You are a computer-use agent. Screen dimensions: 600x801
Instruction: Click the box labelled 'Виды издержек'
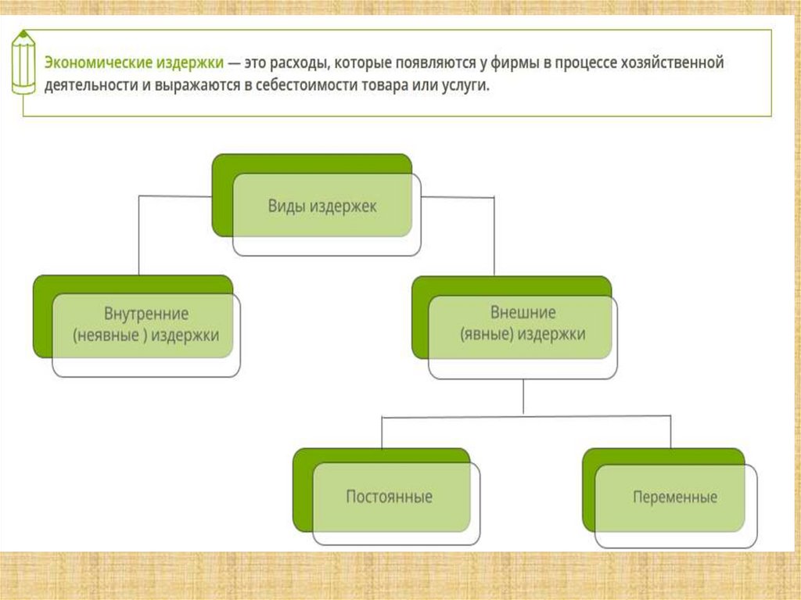(322, 207)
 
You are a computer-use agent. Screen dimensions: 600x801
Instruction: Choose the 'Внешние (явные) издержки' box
(522, 323)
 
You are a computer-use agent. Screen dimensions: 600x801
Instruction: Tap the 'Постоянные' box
(389, 497)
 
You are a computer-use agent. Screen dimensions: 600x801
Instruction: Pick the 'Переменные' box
(675, 497)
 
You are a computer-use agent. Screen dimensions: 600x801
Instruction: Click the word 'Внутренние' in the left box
(146, 314)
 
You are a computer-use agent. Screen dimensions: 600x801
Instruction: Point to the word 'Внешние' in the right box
(523, 312)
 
